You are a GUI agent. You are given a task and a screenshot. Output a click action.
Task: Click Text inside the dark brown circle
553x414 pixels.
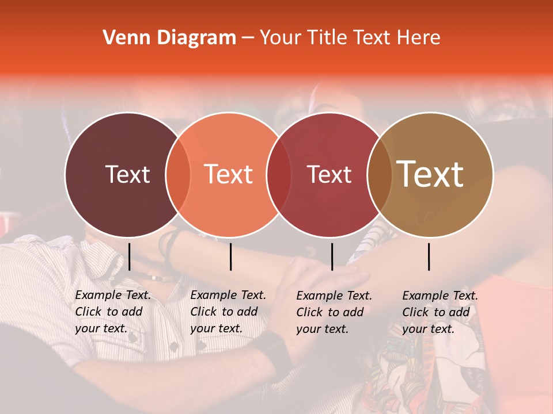[x=127, y=174]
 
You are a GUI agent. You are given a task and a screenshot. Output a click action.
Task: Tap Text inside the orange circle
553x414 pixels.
[x=229, y=174]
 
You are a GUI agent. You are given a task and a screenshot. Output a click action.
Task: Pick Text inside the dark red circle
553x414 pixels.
[x=329, y=174]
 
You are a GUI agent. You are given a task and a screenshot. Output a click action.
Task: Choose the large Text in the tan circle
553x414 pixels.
[x=430, y=174]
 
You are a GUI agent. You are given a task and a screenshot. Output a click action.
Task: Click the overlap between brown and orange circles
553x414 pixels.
[x=178, y=174]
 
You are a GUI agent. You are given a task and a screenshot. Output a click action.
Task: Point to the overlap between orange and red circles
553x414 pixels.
[x=279, y=174]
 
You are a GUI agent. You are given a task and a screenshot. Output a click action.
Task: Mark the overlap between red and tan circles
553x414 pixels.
[x=380, y=174]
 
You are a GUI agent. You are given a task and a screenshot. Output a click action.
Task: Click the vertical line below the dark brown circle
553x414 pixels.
[x=129, y=256]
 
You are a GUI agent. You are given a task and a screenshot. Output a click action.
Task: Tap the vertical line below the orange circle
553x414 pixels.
[x=230, y=256]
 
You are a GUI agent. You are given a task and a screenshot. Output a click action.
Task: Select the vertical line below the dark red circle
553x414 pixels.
[x=332, y=256]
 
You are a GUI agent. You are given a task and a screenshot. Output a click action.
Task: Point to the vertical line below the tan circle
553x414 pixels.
[x=429, y=256]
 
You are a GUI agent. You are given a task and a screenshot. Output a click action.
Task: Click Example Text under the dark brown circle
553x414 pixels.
[x=113, y=295]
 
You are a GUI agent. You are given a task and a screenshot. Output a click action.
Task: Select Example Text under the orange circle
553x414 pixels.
[x=228, y=295]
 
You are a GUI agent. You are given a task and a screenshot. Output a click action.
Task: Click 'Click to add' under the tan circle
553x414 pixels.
[x=436, y=312]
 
